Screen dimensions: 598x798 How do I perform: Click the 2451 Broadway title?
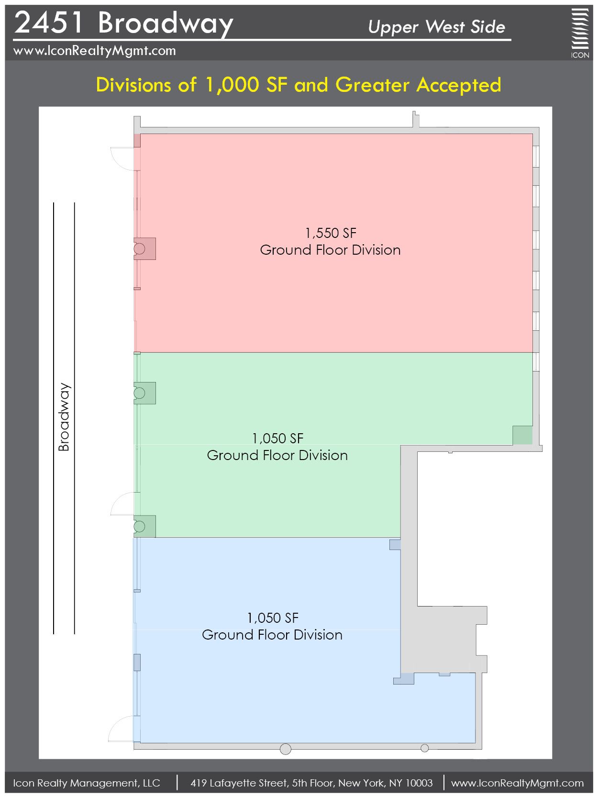tap(123, 23)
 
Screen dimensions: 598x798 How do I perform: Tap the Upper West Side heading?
tap(436, 27)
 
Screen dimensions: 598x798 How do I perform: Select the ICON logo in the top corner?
tap(580, 33)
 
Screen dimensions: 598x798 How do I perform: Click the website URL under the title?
tap(94, 51)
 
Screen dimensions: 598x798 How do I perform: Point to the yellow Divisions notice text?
tap(299, 85)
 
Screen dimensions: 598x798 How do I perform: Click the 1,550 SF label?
tap(331, 233)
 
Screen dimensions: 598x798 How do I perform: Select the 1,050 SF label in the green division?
tap(277, 438)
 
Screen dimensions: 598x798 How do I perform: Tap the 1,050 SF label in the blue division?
tap(273, 618)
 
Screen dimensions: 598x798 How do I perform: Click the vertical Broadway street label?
tap(64, 417)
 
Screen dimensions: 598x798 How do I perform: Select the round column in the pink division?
tap(139, 249)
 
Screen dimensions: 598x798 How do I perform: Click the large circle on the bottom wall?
tap(286, 749)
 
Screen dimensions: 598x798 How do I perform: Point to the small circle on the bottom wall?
tap(424, 748)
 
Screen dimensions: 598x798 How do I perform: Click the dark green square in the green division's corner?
tap(522, 435)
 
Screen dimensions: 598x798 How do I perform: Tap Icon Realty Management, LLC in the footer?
tap(87, 783)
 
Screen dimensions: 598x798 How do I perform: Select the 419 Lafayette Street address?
tap(312, 783)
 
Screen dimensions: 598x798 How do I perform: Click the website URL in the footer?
tap(517, 783)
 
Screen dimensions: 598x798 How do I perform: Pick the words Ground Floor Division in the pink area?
tap(330, 250)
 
